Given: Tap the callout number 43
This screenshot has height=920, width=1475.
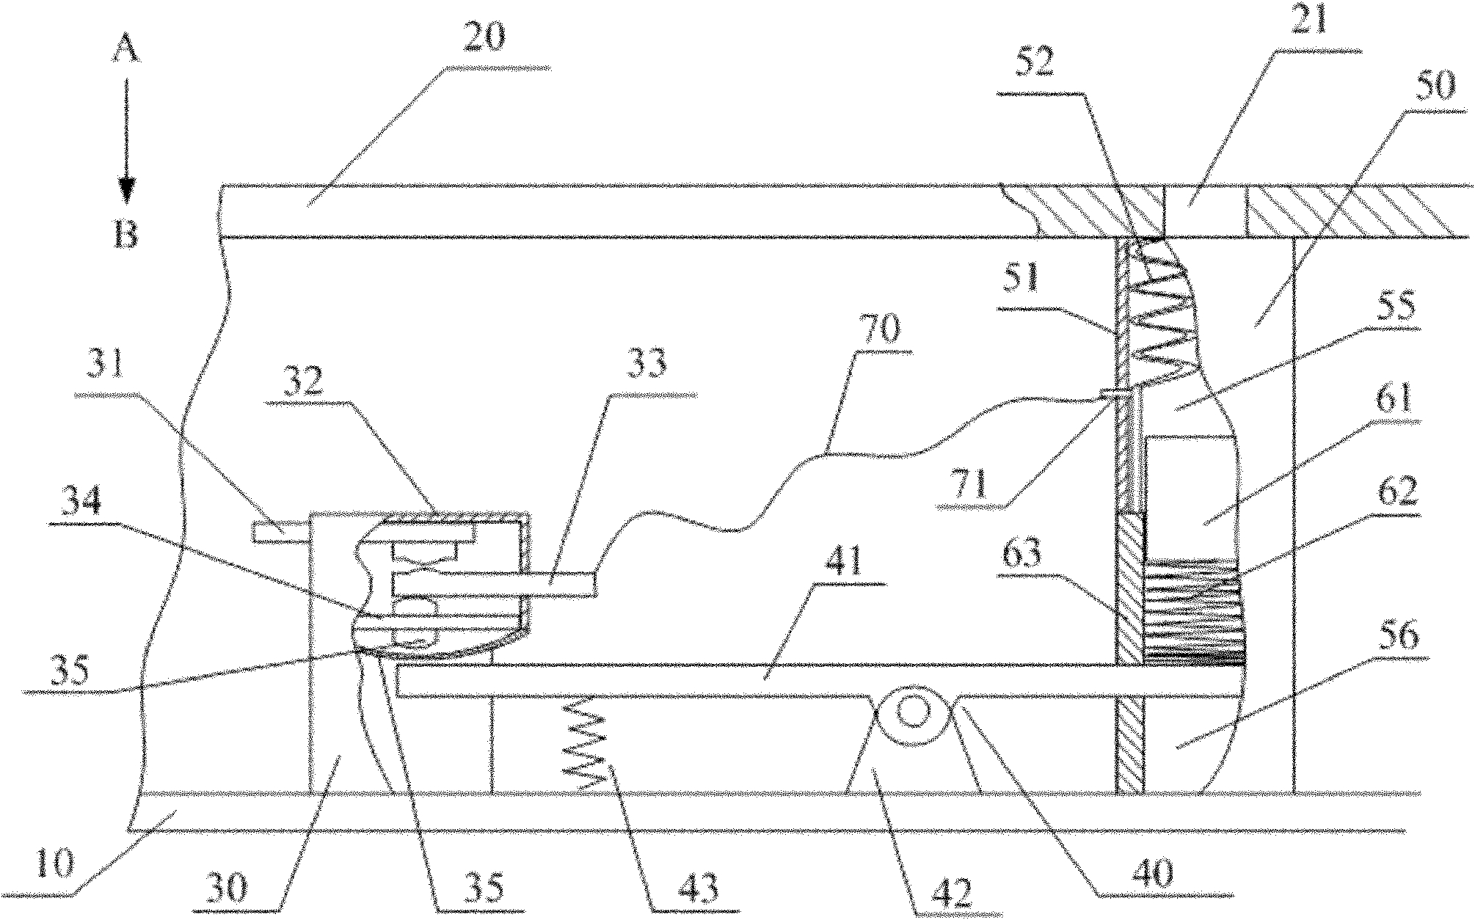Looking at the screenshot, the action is tap(697, 889).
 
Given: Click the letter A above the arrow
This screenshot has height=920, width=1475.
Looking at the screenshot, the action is tap(126, 53).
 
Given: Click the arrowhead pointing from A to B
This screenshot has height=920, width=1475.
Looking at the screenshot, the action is tap(126, 192).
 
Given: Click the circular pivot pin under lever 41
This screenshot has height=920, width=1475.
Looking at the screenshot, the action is tap(912, 711).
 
